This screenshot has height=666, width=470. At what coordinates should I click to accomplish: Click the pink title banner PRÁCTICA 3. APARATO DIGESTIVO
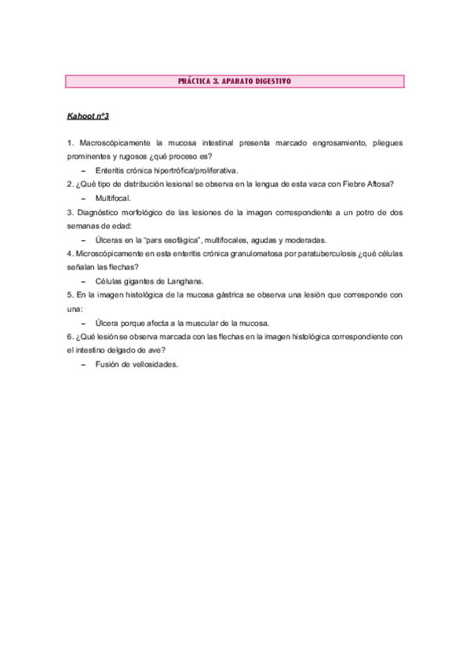(x=235, y=81)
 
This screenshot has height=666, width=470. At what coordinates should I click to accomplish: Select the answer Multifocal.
(x=114, y=199)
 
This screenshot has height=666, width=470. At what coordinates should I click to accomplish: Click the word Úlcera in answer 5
(x=108, y=323)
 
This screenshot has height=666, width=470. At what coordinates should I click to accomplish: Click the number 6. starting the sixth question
(x=71, y=336)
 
